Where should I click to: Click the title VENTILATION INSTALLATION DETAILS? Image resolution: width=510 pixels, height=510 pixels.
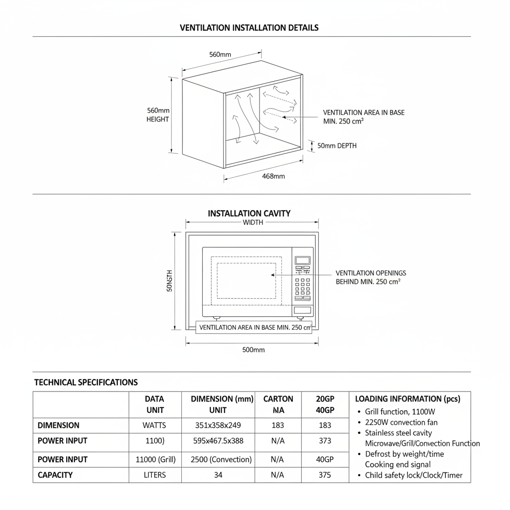(249, 28)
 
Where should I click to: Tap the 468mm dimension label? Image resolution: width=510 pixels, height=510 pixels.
(273, 176)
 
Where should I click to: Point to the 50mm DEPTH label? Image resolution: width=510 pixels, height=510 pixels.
(337, 146)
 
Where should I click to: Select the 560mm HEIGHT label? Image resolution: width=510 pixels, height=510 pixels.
(158, 115)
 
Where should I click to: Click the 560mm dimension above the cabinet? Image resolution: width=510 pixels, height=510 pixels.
(220, 54)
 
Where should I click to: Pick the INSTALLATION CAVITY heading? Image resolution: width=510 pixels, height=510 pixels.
(249, 213)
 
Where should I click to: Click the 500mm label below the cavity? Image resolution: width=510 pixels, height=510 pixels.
(254, 350)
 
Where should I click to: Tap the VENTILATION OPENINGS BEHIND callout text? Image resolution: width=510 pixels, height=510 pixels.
(371, 277)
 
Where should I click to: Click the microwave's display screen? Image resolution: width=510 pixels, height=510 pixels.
(302, 260)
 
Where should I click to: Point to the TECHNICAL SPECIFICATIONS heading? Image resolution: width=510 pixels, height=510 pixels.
(86, 382)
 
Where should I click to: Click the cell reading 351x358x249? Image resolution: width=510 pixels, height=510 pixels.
(218, 425)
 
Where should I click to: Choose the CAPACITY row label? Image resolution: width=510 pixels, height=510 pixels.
(55, 475)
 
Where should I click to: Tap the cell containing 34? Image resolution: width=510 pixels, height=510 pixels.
(218, 475)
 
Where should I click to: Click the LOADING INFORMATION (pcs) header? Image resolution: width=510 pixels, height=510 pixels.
(407, 399)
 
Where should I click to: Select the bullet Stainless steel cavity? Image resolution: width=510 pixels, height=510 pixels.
(398, 433)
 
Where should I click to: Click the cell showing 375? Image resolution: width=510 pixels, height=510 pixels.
(325, 475)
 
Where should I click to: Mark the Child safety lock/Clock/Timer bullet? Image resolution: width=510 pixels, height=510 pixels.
(413, 475)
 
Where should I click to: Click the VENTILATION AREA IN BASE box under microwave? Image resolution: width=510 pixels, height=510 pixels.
(254, 327)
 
